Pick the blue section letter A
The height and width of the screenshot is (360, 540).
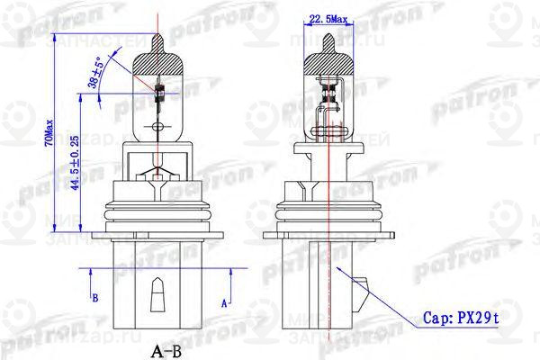click(x=224, y=303)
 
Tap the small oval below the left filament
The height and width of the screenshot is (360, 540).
click(x=159, y=126)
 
